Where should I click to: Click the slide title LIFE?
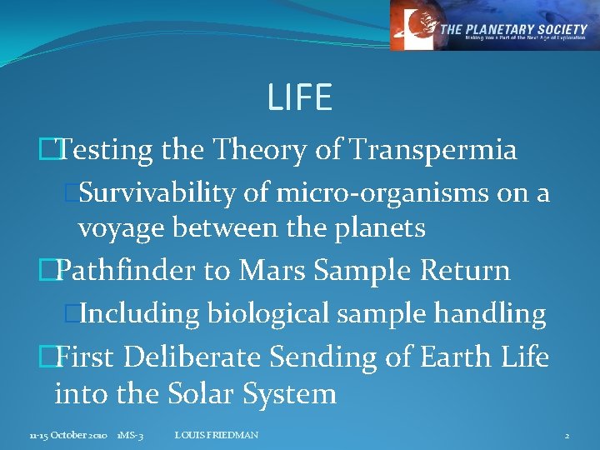pos(300,98)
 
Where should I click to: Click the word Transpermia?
pos(433,150)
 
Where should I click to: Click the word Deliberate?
pos(196,357)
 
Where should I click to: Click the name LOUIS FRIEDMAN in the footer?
pos(217,436)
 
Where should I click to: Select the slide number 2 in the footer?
pos(567,436)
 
